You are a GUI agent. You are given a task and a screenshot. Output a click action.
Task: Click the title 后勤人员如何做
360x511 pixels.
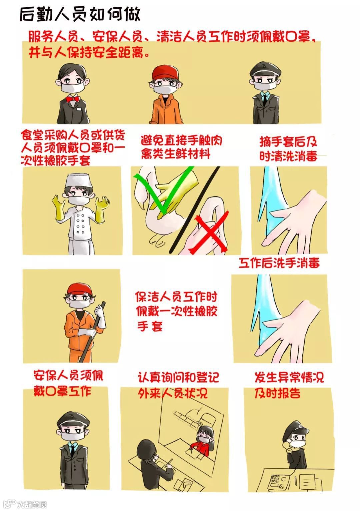pos(80,14)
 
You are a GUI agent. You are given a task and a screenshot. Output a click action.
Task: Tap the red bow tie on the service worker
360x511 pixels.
pos(73,99)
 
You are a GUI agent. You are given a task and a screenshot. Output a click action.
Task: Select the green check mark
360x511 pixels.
pos(164,190)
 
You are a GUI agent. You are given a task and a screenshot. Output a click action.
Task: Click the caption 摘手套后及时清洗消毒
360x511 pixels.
pos(288,149)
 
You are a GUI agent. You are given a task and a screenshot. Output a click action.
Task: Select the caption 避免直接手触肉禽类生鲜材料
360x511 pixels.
pos(181,147)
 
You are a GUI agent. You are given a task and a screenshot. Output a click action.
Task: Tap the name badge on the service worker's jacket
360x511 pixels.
pos(79,109)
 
